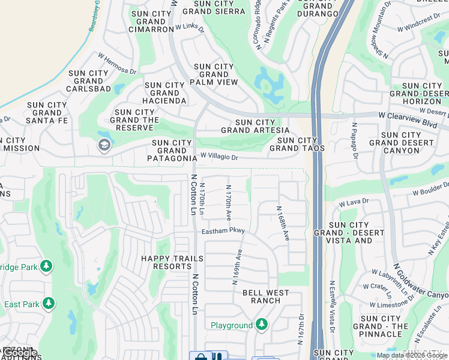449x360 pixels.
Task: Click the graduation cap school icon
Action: click(104, 145)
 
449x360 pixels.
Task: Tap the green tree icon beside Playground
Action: click(261, 325)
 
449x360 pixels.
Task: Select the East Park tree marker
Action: click(49, 304)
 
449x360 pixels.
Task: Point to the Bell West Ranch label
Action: click(265, 297)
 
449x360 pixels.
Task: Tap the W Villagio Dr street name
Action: click(219, 157)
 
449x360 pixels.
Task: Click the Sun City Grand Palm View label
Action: click(214, 74)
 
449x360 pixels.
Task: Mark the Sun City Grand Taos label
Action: click(297, 144)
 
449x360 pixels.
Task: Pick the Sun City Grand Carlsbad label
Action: click(88, 81)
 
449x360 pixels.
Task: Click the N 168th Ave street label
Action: click(283, 223)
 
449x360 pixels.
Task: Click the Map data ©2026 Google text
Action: click(412, 355)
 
